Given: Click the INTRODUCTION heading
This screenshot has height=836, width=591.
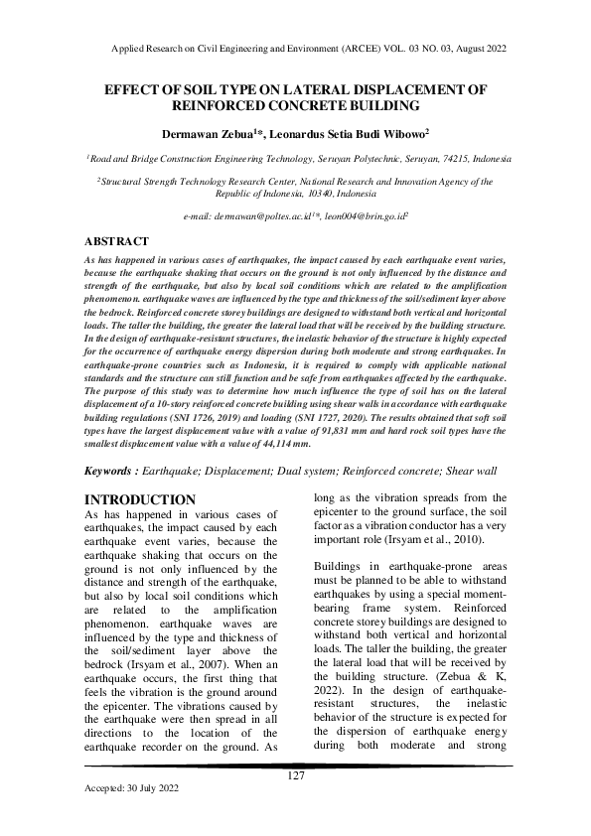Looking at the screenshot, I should [x=140, y=498].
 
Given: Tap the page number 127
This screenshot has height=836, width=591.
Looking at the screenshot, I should [x=295, y=775].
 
